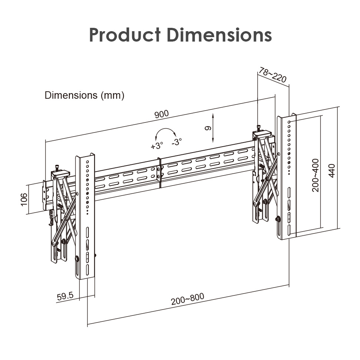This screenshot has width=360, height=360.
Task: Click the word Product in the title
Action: point(125,35)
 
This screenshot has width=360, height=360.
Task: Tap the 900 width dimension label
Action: point(161,114)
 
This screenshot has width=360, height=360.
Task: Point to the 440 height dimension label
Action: point(332,171)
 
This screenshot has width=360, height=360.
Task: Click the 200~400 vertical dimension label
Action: point(315,175)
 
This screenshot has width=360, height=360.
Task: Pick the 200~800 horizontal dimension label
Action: point(187,299)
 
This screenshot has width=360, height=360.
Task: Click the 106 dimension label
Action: point(24,200)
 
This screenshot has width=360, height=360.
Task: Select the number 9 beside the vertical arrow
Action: point(208,128)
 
